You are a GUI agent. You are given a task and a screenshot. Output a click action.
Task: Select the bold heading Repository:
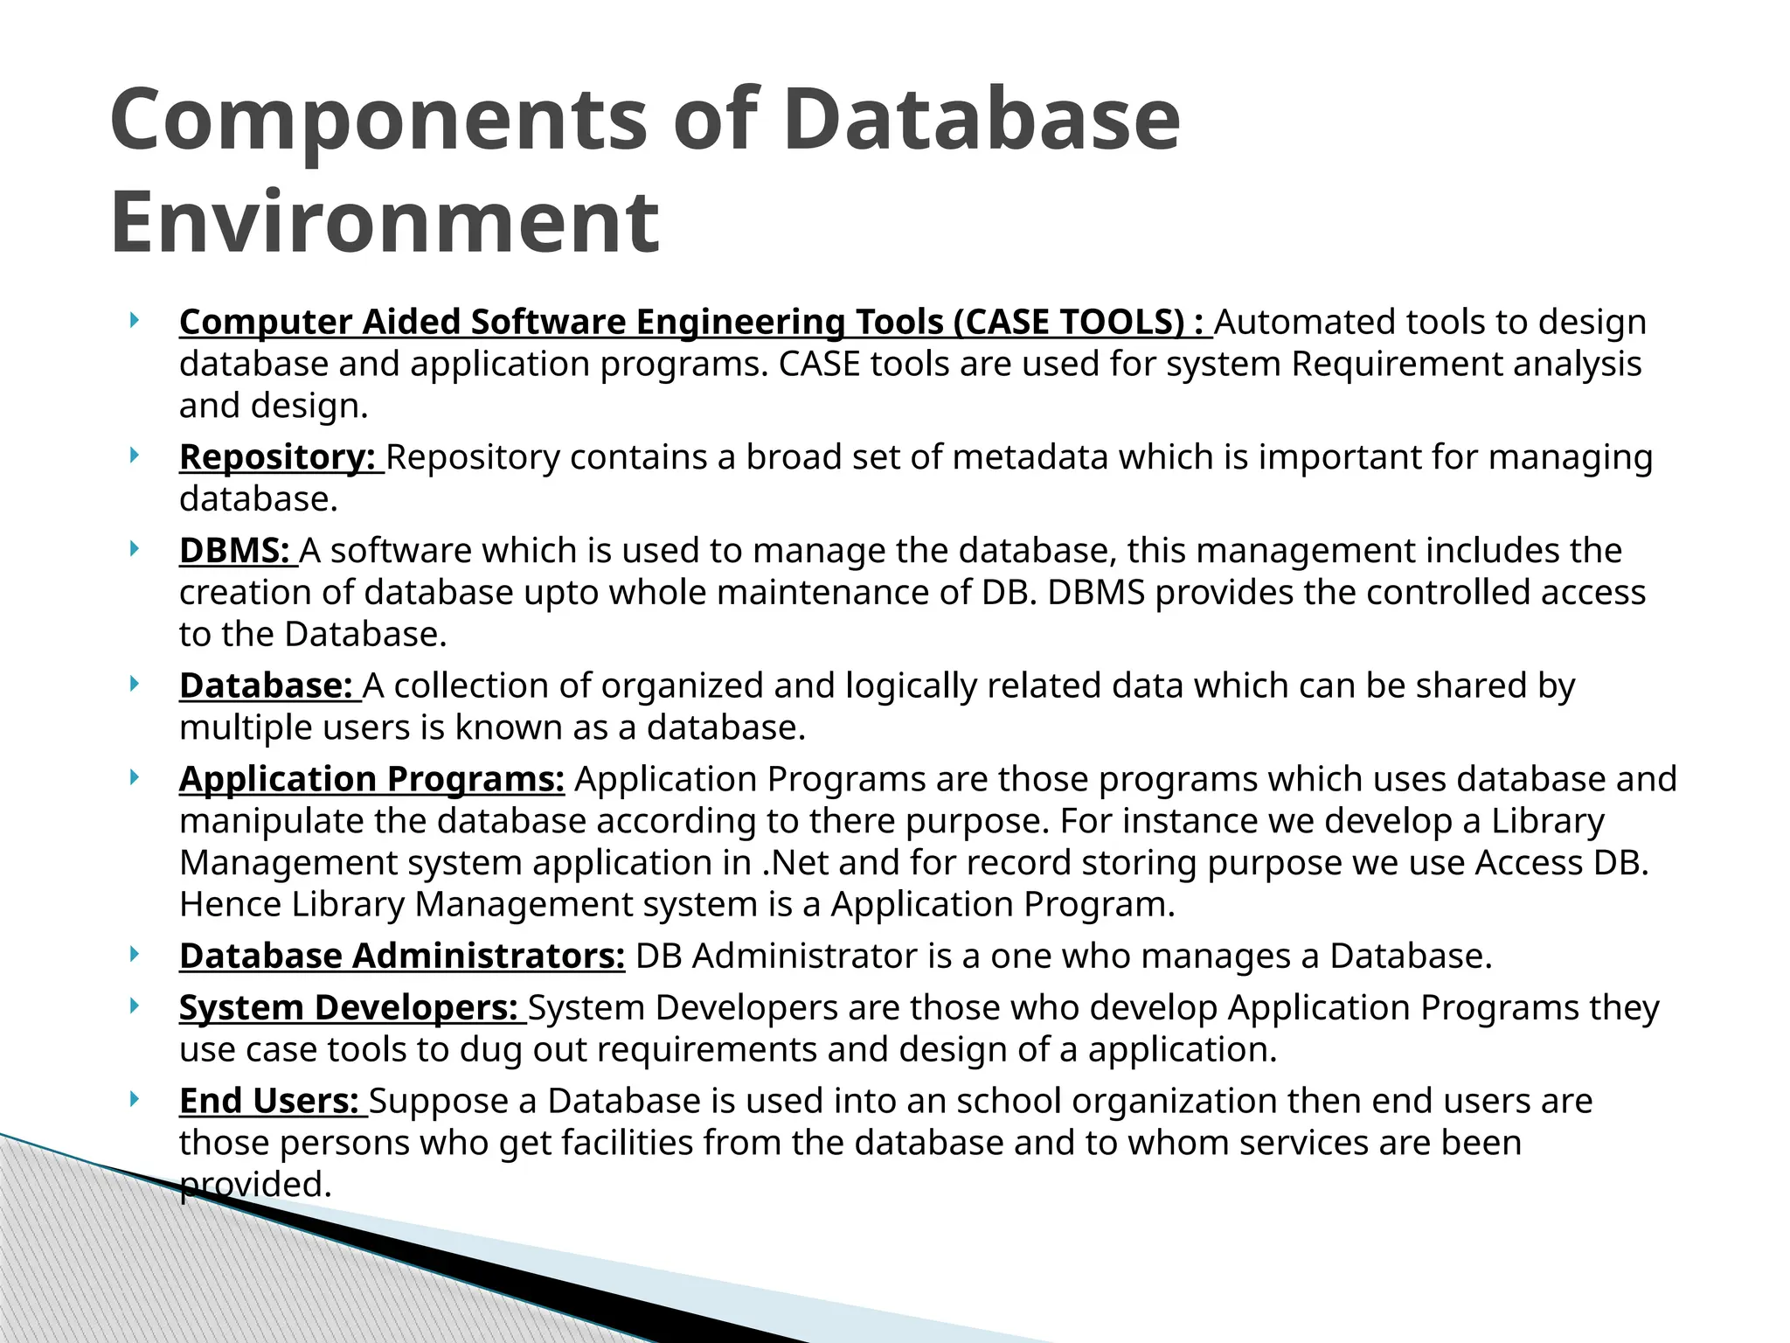[277, 457]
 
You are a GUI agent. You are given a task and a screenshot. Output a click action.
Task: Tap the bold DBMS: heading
[234, 551]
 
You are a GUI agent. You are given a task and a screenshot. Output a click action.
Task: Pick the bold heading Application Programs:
[371, 779]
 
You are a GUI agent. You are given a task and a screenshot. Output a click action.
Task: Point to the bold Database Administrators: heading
[402, 957]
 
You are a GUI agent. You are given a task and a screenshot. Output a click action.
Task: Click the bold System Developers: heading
[349, 1007]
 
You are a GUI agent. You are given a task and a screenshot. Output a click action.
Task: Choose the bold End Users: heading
[269, 1101]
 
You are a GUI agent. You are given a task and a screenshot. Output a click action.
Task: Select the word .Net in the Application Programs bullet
[795, 863]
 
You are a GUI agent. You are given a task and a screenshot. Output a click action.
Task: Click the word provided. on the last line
[256, 1185]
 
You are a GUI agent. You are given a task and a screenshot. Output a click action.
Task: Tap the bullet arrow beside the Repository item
[134, 455]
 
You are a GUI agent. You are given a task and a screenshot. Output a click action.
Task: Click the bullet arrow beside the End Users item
[134, 1098]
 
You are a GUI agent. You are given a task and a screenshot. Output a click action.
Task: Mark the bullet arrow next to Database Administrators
[134, 954]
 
